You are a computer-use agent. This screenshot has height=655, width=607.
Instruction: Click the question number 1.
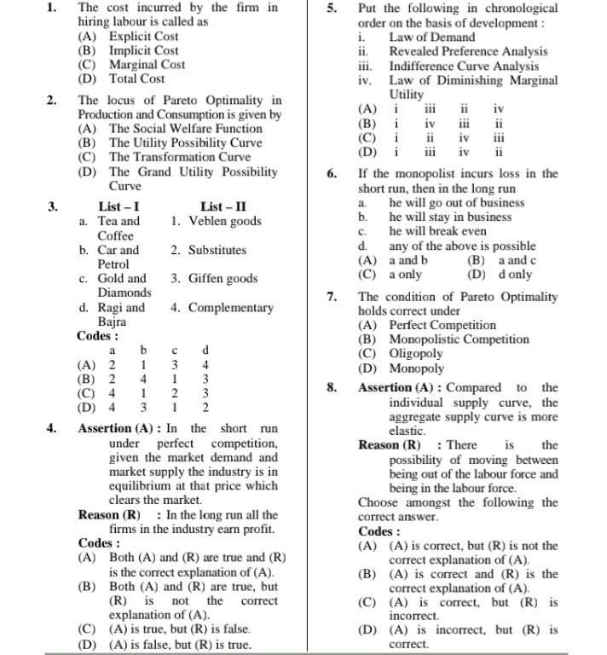tap(51, 8)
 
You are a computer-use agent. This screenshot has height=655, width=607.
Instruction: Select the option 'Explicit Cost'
tap(143, 37)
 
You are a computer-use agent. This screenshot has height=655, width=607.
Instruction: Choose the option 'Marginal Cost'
tap(147, 65)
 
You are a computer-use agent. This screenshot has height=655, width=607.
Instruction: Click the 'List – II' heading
tap(223, 206)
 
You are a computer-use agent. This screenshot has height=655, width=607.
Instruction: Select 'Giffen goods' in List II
tap(223, 279)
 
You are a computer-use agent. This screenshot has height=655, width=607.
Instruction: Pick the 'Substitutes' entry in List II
tap(217, 251)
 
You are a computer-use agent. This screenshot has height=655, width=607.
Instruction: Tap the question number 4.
tap(51, 429)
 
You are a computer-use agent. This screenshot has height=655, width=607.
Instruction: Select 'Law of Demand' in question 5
tap(432, 38)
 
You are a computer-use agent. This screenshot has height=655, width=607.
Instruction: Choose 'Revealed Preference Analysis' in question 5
tap(468, 52)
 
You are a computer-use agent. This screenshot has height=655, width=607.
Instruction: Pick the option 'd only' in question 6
tap(515, 275)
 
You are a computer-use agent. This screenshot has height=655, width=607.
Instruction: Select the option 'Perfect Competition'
tap(442, 326)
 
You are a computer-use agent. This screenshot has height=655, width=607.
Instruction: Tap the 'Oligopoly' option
tap(416, 354)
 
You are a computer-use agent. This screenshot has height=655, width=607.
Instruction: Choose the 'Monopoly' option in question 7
tap(416, 368)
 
